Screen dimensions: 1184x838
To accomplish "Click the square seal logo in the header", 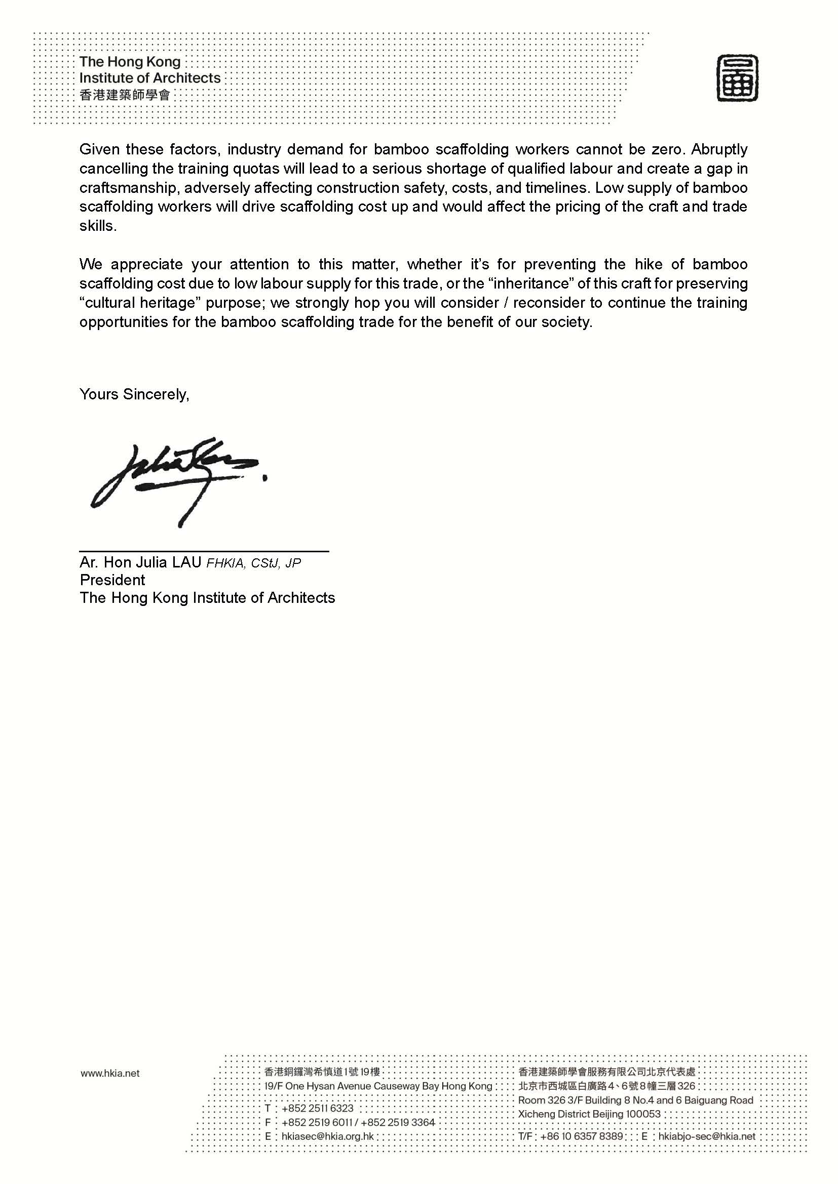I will point(737,78).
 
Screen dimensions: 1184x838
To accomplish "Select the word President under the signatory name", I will point(112,580).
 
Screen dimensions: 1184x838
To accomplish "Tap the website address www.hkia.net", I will point(110,1073).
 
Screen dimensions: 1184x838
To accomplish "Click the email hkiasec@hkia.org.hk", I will point(327,1136).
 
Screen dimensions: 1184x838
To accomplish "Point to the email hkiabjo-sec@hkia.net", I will point(706,1136).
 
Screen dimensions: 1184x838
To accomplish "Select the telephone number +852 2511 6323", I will point(317,1108).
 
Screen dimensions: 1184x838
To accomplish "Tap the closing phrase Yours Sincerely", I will point(134,394).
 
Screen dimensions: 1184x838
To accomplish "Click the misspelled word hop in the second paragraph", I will point(364,303).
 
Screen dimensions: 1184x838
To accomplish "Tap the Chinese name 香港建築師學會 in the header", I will point(124,95).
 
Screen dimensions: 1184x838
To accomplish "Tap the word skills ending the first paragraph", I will point(97,226).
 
